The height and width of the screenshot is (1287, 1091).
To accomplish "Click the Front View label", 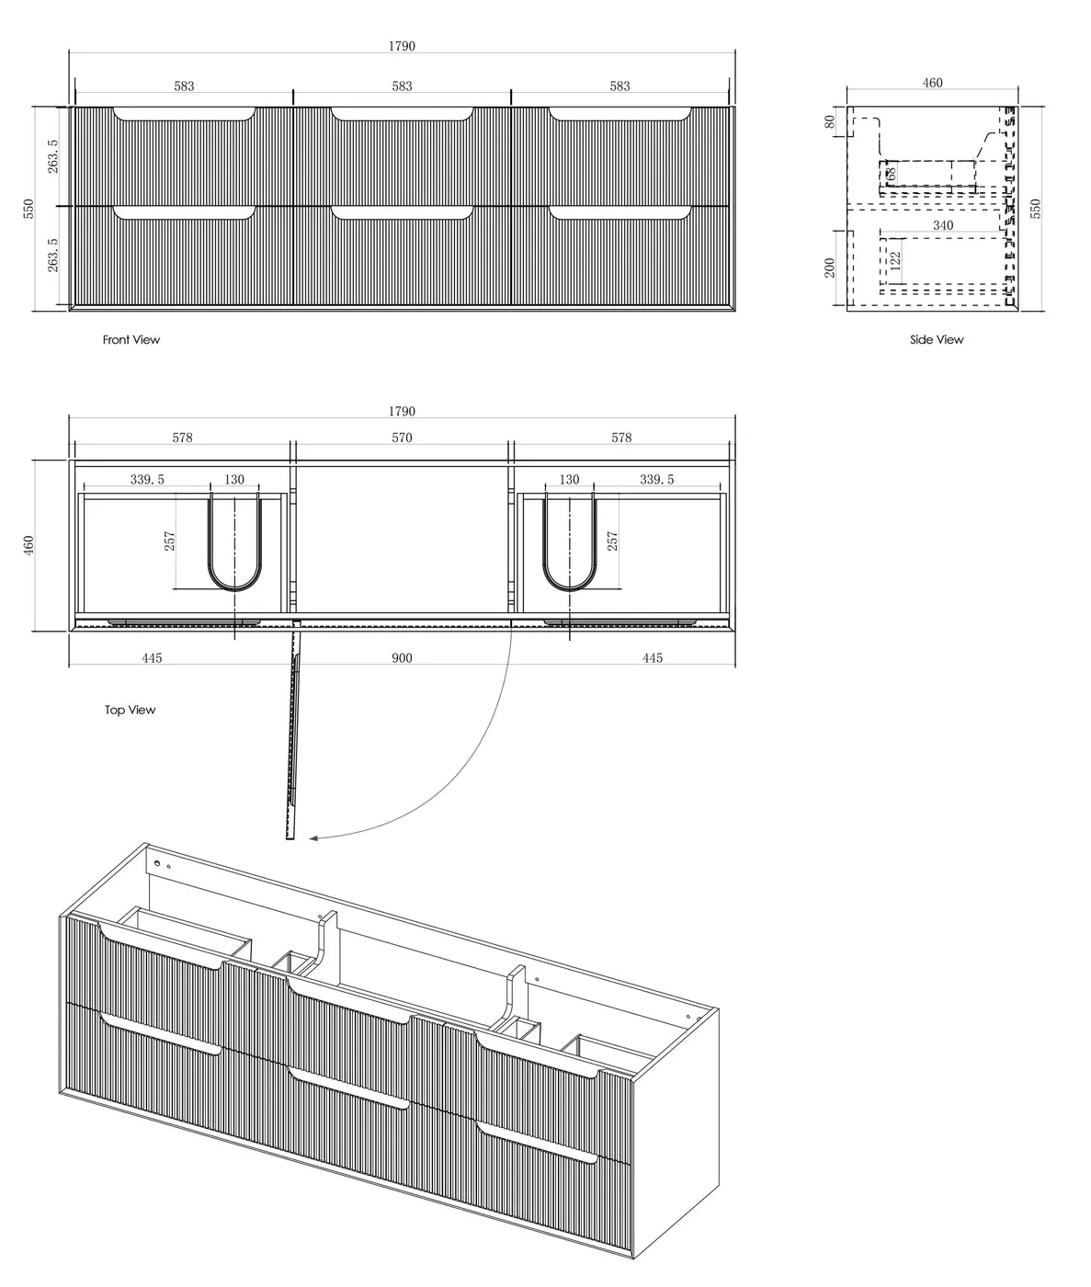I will [131, 340].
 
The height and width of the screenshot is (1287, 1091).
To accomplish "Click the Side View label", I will [937, 340].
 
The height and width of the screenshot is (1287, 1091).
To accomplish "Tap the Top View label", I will [130, 710].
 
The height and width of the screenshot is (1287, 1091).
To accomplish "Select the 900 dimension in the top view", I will [402, 658].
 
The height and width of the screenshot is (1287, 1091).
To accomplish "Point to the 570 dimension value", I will [402, 438].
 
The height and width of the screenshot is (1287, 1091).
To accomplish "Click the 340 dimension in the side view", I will [942, 225].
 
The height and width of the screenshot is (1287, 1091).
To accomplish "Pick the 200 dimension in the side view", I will [830, 268].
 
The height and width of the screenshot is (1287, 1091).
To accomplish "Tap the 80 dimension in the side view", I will [830, 121].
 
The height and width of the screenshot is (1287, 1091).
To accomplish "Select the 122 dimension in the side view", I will [896, 260].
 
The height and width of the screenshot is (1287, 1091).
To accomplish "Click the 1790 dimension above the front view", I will [402, 46].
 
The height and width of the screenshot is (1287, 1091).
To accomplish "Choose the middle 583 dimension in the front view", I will [402, 86].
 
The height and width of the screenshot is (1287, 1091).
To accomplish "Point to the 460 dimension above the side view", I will [932, 83].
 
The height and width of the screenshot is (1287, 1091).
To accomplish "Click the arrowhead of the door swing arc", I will [314, 838].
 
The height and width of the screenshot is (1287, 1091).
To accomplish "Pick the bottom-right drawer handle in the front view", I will [620, 214].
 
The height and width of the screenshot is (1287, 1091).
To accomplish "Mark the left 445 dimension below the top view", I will [152, 658].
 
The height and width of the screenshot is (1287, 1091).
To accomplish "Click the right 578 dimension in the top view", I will [621, 438].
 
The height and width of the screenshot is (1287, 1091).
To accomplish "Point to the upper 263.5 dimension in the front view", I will [53, 156].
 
